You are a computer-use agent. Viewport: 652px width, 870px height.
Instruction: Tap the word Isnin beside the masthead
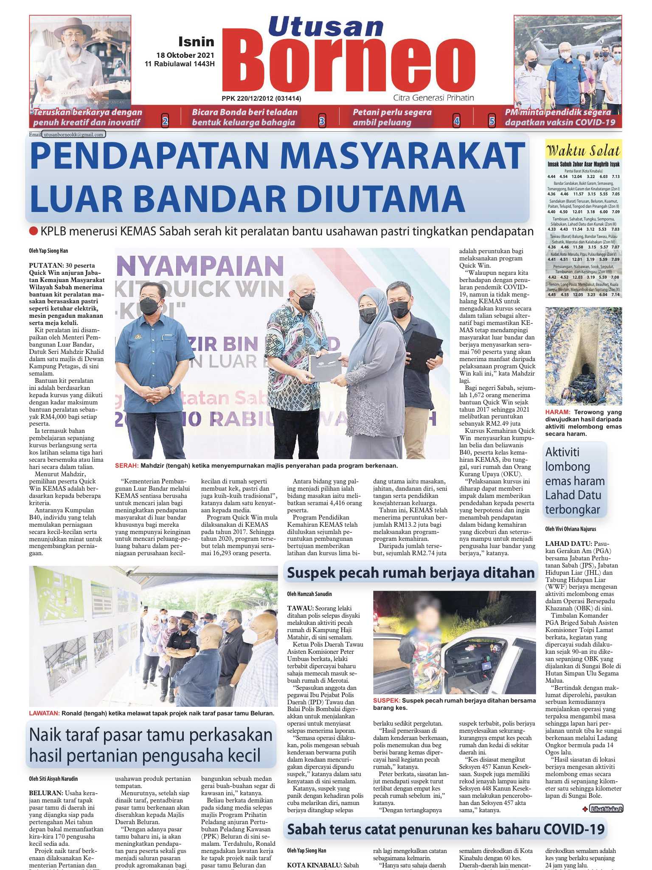click(196, 42)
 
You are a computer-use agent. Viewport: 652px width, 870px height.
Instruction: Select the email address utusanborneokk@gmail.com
click(73, 135)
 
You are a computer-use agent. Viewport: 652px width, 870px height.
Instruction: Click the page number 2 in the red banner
click(165, 121)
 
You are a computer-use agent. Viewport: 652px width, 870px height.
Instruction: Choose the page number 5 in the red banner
click(492, 121)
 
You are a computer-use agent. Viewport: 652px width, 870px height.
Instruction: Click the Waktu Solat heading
click(583, 151)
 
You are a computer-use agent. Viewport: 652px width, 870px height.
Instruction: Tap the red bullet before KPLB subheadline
click(34, 232)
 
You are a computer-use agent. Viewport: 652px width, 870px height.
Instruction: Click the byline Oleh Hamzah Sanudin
click(309, 594)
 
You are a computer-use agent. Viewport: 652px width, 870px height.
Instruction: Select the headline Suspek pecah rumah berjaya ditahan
click(410, 573)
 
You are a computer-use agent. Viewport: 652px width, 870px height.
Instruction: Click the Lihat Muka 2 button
click(607, 809)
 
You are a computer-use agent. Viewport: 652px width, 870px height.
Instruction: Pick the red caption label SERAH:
click(126, 466)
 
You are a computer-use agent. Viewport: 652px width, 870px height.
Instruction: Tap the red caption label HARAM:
click(557, 412)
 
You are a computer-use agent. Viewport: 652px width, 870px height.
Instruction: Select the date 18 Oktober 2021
click(185, 55)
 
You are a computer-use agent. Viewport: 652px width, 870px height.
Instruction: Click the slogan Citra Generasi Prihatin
click(433, 98)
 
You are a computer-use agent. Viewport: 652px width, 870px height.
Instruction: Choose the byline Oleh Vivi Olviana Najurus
click(570, 529)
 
